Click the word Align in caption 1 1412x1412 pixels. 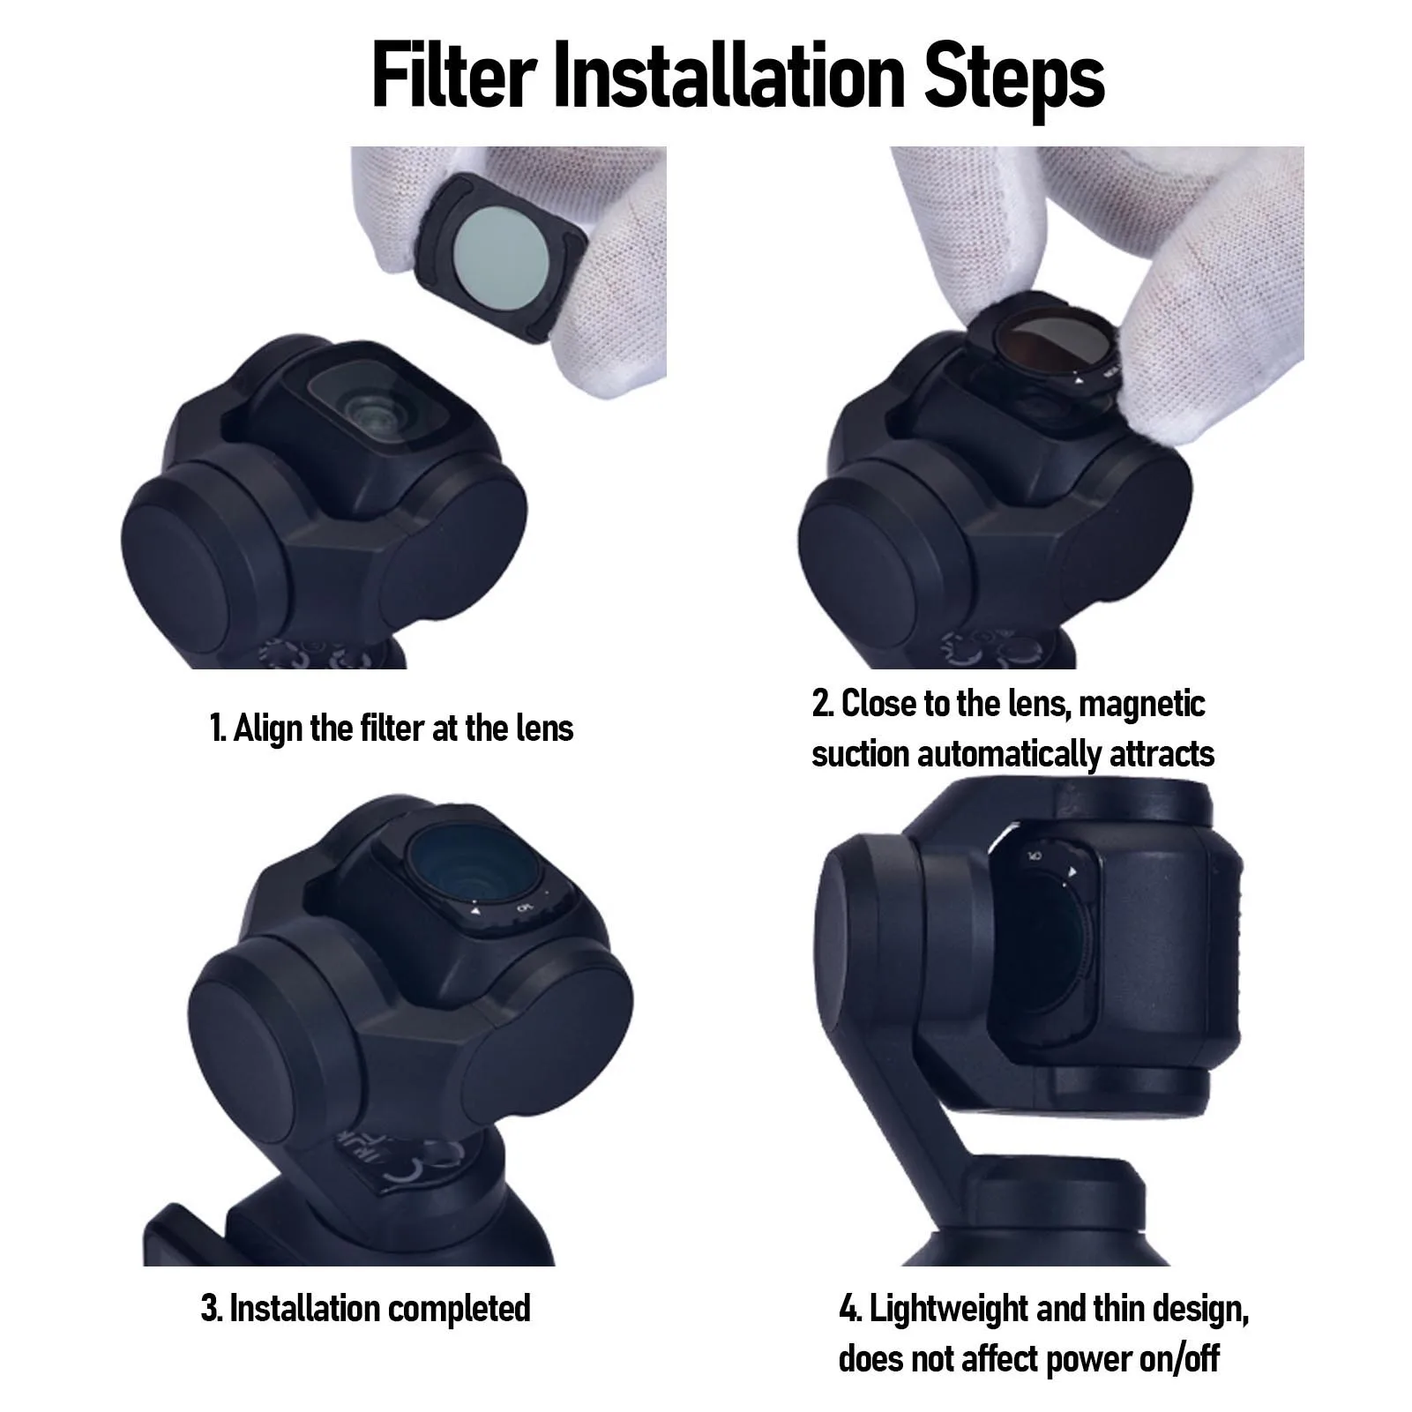pyautogui.click(x=268, y=728)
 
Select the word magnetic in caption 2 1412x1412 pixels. pyautogui.click(x=1142, y=705)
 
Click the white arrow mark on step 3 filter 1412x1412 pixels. pyautogui.click(x=474, y=911)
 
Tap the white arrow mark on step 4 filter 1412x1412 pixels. pyautogui.click(x=1072, y=872)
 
